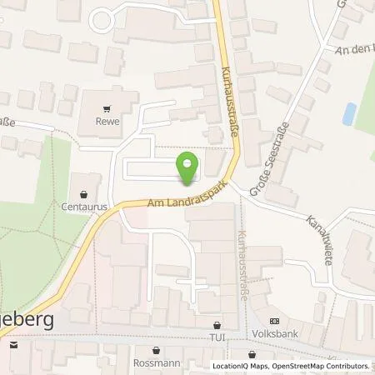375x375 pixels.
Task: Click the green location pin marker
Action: click(188, 169)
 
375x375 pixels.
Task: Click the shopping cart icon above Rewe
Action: click(106, 107)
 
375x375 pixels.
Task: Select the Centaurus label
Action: click(79, 202)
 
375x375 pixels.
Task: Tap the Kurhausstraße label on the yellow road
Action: click(232, 102)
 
